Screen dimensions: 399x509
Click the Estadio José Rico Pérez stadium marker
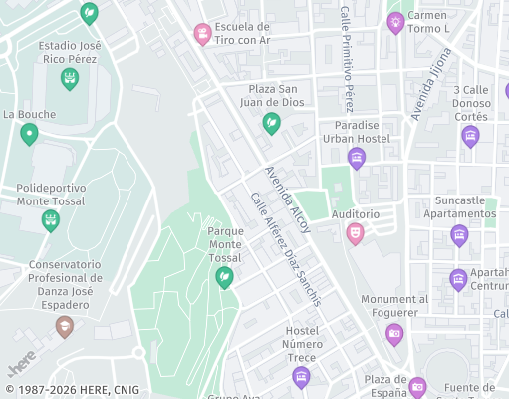pyautogui.click(x=70, y=79)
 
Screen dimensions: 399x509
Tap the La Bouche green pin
pyautogui.click(x=29, y=133)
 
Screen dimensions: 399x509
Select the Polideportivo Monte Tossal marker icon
pyautogui.click(x=50, y=219)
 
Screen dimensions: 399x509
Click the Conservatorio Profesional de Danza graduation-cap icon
pyautogui.click(x=65, y=326)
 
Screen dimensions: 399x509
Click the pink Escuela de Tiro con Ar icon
pyautogui.click(x=203, y=35)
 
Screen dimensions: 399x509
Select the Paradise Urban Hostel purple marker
pyautogui.click(x=357, y=157)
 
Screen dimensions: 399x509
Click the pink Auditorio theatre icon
pyautogui.click(x=354, y=233)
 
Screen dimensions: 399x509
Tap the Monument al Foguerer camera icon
pyautogui.click(x=394, y=333)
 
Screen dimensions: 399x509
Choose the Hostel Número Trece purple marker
pyautogui.click(x=301, y=376)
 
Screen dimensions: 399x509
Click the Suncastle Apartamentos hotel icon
pyautogui.click(x=459, y=235)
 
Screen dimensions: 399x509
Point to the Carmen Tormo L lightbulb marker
pyautogui.click(x=395, y=22)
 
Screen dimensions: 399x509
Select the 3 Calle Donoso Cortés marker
pyautogui.click(x=470, y=136)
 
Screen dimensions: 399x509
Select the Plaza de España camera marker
pyautogui.click(x=417, y=386)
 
